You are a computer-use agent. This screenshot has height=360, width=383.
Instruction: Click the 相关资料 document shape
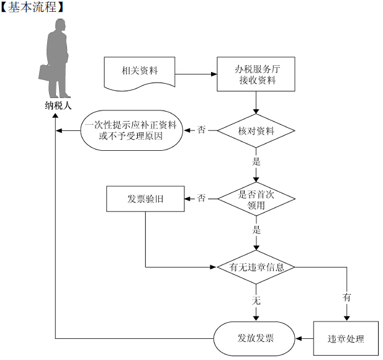pos(140,72)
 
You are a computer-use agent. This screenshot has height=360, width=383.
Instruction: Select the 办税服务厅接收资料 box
pos(256,74)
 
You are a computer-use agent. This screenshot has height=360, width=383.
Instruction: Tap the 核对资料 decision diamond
pos(256,131)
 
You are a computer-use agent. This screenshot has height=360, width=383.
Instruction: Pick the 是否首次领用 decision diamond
pos(256,199)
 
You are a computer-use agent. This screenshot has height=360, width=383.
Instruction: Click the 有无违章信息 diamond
pos(256,267)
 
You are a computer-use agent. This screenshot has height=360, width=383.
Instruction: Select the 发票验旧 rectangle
pos(145,199)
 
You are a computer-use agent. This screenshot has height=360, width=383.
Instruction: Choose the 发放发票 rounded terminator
pos(255,338)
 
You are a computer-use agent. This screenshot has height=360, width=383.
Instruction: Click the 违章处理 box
pos(346,338)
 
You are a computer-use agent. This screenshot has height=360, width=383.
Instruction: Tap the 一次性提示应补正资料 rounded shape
pos(132,130)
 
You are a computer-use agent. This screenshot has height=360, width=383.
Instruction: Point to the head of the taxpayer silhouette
pos(60,25)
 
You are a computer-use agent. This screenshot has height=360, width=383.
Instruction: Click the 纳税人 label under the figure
pos(58,106)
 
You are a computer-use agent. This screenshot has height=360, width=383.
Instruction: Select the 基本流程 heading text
pos(32,7)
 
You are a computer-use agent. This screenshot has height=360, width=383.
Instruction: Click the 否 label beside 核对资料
pos(201,130)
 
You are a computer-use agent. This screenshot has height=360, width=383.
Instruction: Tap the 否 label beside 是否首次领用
pos(201,198)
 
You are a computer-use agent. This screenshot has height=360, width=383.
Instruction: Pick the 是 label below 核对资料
pos(256,161)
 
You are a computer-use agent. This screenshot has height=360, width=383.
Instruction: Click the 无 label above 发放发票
pos(256,300)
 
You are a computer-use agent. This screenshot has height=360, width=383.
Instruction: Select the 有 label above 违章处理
pos(347,297)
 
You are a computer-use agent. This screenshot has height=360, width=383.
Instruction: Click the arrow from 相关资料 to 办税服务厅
pos(196,74)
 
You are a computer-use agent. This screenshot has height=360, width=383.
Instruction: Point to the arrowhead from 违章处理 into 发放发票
pos(298,338)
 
